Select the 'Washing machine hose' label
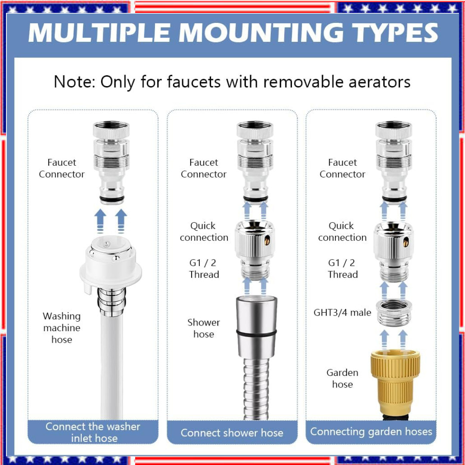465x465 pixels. coord(62,328)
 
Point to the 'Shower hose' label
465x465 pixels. coord(204,328)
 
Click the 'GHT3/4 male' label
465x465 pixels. coord(342,313)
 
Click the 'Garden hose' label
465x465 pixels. coord(342,378)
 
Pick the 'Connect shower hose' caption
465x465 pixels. coord(232,433)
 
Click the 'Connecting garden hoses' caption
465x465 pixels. coord(371,432)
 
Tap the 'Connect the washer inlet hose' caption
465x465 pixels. coord(93,432)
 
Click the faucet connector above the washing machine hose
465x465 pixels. coord(111,162)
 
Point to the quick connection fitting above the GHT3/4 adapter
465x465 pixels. coord(394,251)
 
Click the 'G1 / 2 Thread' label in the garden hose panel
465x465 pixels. coord(343,268)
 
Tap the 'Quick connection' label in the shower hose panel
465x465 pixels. coord(204,232)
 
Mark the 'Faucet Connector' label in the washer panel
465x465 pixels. coord(62,168)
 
